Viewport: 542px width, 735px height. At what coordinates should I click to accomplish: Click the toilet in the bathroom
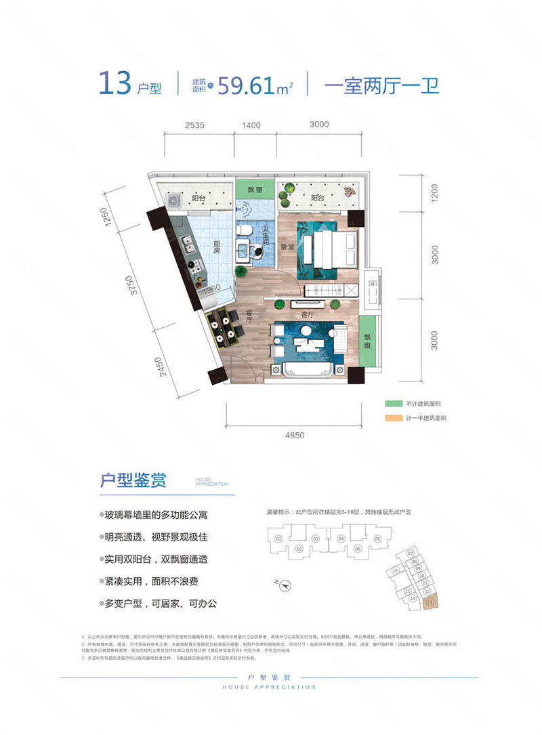(244, 234)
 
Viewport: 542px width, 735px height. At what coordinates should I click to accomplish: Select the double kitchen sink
(188, 248)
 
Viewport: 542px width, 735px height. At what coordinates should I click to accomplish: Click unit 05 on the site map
(359, 540)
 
